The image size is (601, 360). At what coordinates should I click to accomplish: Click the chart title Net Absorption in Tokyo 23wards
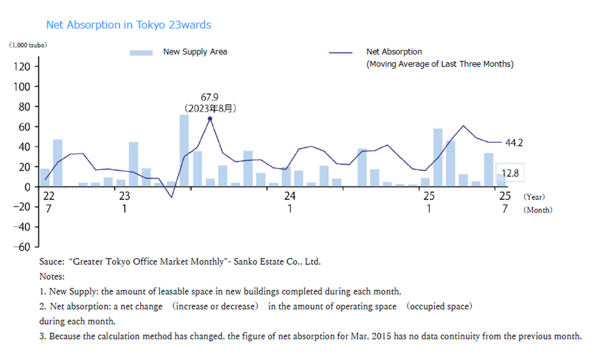pyautogui.click(x=128, y=25)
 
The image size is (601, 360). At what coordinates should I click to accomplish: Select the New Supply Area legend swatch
pyautogui.click(x=141, y=53)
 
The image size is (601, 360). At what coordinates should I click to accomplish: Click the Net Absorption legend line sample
pyautogui.click(x=340, y=53)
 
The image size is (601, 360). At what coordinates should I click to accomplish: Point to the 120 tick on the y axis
pyautogui.click(x=22, y=66)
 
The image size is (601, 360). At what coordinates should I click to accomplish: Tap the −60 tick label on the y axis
pyautogui.click(x=22, y=247)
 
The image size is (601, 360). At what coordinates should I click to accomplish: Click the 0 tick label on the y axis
pyautogui.click(x=27, y=187)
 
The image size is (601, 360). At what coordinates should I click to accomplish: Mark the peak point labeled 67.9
pyautogui.click(x=210, y=119)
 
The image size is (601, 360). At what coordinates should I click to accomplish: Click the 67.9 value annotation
pyautogui.click(x=209, y=97)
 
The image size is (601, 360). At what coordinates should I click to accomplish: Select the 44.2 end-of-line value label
pyautogui.click(x=514, y=143)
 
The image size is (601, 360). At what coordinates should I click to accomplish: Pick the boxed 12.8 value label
pyautogui.click(x=510, y=173)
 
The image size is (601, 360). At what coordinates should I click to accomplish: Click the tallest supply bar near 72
pyautogui.click(x=184, y=150)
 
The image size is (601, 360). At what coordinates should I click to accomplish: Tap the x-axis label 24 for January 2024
pyautogui.click(x=289, y=196)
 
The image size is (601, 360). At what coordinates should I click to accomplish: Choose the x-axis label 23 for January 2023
pyautogui.click(x=124, y=196)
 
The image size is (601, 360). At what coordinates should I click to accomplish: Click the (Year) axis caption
pyautogui.click(x=534, y=197)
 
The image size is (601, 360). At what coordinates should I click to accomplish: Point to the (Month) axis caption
pyautogui.click(x=538, y=210)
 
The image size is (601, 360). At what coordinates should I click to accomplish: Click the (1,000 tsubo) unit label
pyautogui.click(x=28, y=45)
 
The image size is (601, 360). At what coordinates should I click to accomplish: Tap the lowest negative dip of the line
pyautogui.click(x=171, y=197)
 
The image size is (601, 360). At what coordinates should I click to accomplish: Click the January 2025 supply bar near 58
pyautogui.click(x=438, y=158)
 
